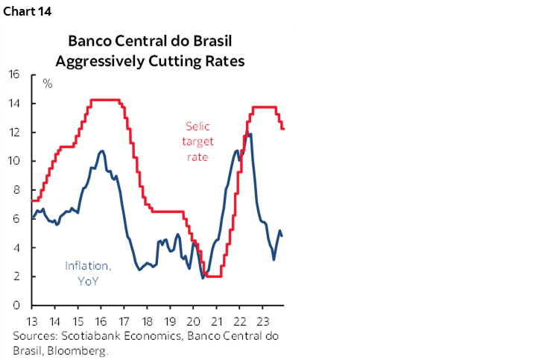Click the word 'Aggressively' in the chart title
coord(105,62)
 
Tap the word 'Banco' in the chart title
coord(89,41)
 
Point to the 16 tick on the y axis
coord(14,74)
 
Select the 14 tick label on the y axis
coord(14,103)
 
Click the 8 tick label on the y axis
coord(16,189)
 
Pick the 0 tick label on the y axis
coord(16,305)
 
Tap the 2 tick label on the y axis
coord(16,277)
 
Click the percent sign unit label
coord(48,83)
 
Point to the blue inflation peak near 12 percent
coord(250,134)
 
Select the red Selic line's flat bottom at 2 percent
coord(213,276)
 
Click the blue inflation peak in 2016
coord(102,151)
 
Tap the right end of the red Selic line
coord(283,129)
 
